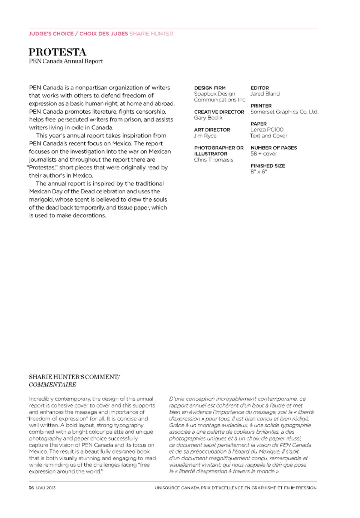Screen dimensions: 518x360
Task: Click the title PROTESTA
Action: (x=57, y=52)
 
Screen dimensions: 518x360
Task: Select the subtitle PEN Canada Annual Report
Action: (x=66, y=61)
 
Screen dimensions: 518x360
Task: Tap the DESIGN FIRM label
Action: (x=210, y=88)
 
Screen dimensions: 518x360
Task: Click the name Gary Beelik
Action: (x=208, y=118)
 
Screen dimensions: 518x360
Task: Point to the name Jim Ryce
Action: (x=205, y=136)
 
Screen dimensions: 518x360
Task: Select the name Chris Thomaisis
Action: (x=213, y=160)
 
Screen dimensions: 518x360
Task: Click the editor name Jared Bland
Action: (x=265, y=94)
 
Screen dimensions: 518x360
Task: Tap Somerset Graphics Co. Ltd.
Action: (x=284, y=112)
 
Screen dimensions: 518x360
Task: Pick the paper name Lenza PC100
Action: (x=267, y=130)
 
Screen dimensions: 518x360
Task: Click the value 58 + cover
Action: (x=264, y=154)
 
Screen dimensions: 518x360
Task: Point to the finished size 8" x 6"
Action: (x=259, y=172)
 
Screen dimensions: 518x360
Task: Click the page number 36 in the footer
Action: (x=31, y=488)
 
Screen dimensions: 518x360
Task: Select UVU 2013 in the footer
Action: (x=46, y=488)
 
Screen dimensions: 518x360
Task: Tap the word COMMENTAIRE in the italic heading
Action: (x=52, y=385)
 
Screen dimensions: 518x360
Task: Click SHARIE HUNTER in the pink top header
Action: (x=151, y=34)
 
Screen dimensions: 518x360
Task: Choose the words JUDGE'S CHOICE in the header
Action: (x=51, y=34)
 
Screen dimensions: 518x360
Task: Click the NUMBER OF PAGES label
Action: (x=274, y=148)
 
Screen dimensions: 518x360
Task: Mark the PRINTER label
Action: (x=261, y=106)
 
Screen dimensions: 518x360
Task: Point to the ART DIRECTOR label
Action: (x=212, y=130)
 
